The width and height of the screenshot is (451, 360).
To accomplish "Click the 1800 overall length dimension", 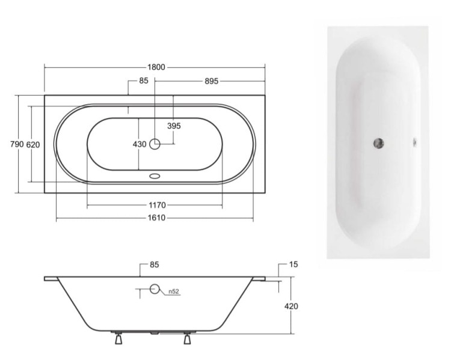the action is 156,67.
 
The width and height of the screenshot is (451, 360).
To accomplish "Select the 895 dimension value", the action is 212,81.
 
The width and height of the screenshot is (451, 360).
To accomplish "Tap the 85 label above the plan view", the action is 144,81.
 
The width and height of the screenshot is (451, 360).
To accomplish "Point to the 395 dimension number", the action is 174,126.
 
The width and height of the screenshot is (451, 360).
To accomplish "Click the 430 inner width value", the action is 140,144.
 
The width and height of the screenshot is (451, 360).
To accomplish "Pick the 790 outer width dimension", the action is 17,144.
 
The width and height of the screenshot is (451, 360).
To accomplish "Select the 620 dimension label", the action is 33,145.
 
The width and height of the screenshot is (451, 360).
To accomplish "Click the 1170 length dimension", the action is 158,206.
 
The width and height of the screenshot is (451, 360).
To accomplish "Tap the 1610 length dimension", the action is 157,218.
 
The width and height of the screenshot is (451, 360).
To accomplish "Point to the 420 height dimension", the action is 291,307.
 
